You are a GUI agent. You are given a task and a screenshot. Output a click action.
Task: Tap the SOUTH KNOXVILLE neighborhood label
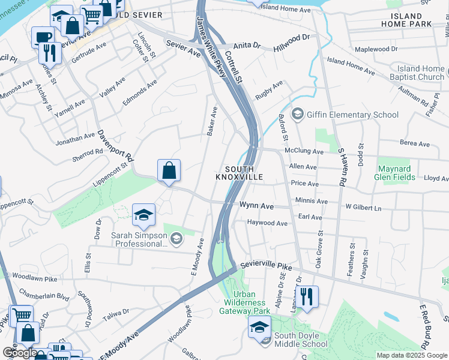point(240,173)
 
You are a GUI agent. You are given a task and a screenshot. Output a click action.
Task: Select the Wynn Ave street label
point(256,206)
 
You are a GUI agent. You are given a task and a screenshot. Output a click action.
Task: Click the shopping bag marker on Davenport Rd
point(169,170)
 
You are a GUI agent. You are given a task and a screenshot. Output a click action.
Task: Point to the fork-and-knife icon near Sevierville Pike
point(307,296)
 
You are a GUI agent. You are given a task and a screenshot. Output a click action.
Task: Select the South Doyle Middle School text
point(300,340)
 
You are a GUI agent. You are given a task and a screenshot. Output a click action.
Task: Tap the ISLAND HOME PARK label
point(411,20)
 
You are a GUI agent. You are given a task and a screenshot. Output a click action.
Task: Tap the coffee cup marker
point(42,37)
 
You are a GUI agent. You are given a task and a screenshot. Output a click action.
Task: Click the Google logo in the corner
point(20,353)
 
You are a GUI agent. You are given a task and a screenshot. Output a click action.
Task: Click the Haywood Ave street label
point(267,223)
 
